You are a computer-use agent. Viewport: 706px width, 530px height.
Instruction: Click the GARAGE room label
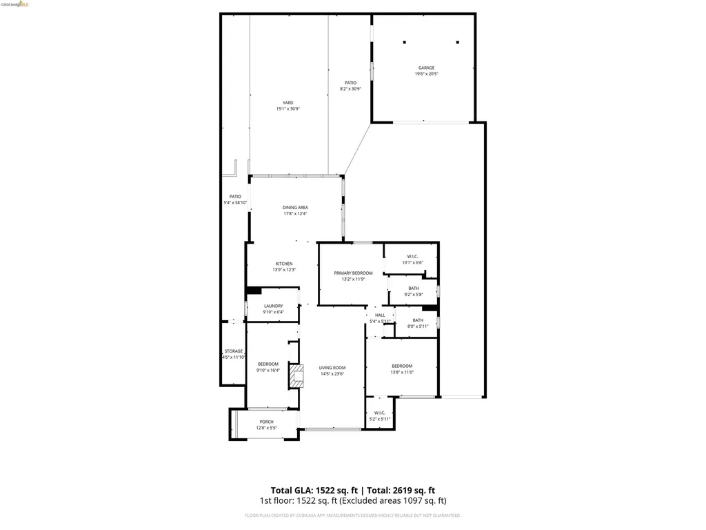(426, 68)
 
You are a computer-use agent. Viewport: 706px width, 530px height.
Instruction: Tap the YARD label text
(288, 103)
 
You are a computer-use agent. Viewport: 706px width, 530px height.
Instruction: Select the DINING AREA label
(295, 207)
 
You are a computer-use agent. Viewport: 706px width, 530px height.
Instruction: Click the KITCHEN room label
(284, 264)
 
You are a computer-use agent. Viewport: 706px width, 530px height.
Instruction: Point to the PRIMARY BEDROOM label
(353, 273)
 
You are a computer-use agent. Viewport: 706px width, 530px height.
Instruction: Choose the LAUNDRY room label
(273, 306)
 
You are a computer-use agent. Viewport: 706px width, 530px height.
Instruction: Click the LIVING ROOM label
(332, 368)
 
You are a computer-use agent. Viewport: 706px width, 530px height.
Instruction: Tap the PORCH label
(266, 422)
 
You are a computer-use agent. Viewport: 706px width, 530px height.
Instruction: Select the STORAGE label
(234, 351)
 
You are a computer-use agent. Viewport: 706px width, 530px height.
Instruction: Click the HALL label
(380, 315)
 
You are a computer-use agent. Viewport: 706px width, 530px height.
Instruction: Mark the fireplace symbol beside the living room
(296, 376)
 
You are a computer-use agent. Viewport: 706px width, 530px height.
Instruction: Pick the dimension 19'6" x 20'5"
(426, 74)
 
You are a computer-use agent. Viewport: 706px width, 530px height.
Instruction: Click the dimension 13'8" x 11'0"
(402, 372)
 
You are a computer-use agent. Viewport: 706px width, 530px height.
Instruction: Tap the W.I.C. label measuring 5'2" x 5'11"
(379, 413)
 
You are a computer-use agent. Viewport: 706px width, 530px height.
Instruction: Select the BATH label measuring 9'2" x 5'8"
(414, 288)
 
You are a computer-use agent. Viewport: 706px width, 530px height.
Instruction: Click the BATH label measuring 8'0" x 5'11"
(418, 320)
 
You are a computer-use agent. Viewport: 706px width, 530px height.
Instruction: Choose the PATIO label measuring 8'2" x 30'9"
(350, 83)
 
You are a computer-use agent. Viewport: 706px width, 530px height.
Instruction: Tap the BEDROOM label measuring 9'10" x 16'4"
(268, 364)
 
